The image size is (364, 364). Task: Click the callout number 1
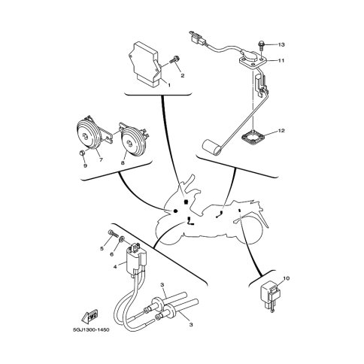pos(169,85)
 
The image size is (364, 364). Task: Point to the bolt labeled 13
pos(260,46)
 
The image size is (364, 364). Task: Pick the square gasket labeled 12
pos(253,138)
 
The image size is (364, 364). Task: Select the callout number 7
pos(102,159)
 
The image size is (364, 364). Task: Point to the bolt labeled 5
pos(113,234)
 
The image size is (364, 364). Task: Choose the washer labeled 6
pos(122,240)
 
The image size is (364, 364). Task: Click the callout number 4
pos(115,267)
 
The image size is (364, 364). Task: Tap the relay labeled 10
pos(271,296)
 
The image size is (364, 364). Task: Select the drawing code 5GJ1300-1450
pos(91,330)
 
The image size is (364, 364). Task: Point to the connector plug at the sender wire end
pos(197,38)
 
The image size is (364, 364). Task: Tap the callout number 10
pos(287,278)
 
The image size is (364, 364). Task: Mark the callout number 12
pos(281,131)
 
